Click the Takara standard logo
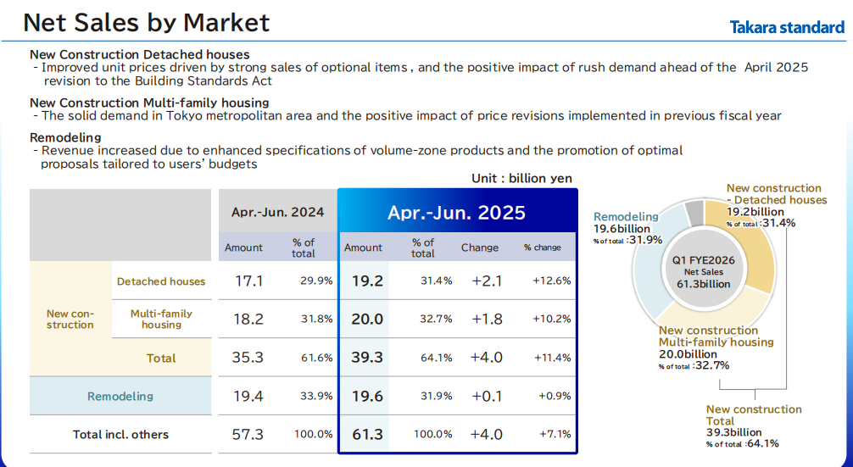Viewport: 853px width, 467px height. pos(787,27)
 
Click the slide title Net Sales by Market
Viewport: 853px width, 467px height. pos(147,23)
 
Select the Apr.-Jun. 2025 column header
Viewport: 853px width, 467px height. pos(456,212)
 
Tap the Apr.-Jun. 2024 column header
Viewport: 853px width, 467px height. pos(277,212)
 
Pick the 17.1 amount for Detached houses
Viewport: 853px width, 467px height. pos(248,281)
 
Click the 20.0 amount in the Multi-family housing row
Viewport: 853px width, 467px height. pos(366,319)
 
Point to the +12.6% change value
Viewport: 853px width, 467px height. pos(552,281)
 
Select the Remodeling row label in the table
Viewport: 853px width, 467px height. pos(120,397)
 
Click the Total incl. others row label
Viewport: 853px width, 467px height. pos(120,435)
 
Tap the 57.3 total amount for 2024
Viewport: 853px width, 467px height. pos(248,435)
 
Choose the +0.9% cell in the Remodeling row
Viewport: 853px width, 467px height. pos(555,397)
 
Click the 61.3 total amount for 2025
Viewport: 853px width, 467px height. pos(367,435)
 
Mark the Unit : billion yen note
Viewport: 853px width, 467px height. pos(521,179)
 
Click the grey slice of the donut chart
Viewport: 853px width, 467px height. pos(694,213)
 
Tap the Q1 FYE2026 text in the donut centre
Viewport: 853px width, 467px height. pos(704,260)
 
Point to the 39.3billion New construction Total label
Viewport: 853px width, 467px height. pos(733,432)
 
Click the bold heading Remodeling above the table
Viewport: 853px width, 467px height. pos(65,137)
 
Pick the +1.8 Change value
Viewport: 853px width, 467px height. pos(487,319)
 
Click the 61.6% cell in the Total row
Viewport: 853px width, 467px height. pos(316,358)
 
